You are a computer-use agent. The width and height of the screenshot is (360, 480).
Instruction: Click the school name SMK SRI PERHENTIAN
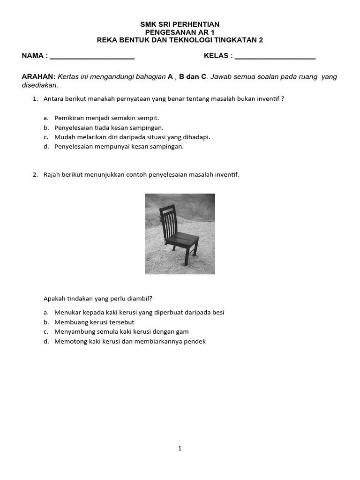tap(180, 24)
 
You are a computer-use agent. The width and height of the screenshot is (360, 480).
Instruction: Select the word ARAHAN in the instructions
tap(38, 77)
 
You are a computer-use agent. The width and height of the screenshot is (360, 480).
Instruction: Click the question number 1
tap(35, 99)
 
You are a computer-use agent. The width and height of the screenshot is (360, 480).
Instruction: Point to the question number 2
tap(35, 175)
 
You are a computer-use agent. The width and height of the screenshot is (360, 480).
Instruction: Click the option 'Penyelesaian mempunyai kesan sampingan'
tap(119, 146)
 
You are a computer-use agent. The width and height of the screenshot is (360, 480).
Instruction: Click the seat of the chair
tap(181, 241)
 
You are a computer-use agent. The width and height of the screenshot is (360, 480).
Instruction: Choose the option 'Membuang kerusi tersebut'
tap(94, 322)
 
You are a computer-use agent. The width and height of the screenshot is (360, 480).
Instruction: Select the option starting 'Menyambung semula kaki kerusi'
tap(121, 331)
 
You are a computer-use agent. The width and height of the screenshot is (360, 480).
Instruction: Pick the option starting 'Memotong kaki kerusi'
tap(130, 341)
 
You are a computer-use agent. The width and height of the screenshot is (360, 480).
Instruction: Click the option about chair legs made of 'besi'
tap(136, 312)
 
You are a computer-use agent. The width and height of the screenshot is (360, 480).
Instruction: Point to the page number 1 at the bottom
tap(180, 449)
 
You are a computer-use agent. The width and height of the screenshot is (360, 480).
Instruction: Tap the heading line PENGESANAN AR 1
tap(180, 32)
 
